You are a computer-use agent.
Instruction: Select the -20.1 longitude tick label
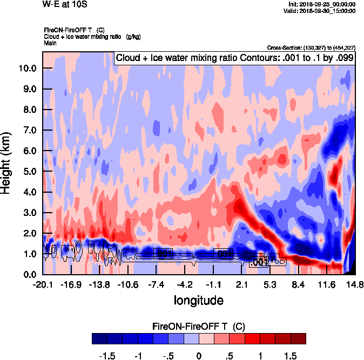43,284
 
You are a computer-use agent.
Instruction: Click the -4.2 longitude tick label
185,284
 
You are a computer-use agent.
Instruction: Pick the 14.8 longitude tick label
355,284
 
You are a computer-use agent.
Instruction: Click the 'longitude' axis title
198,299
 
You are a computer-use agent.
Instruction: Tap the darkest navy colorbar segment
99,338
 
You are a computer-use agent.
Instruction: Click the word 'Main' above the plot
50,43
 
